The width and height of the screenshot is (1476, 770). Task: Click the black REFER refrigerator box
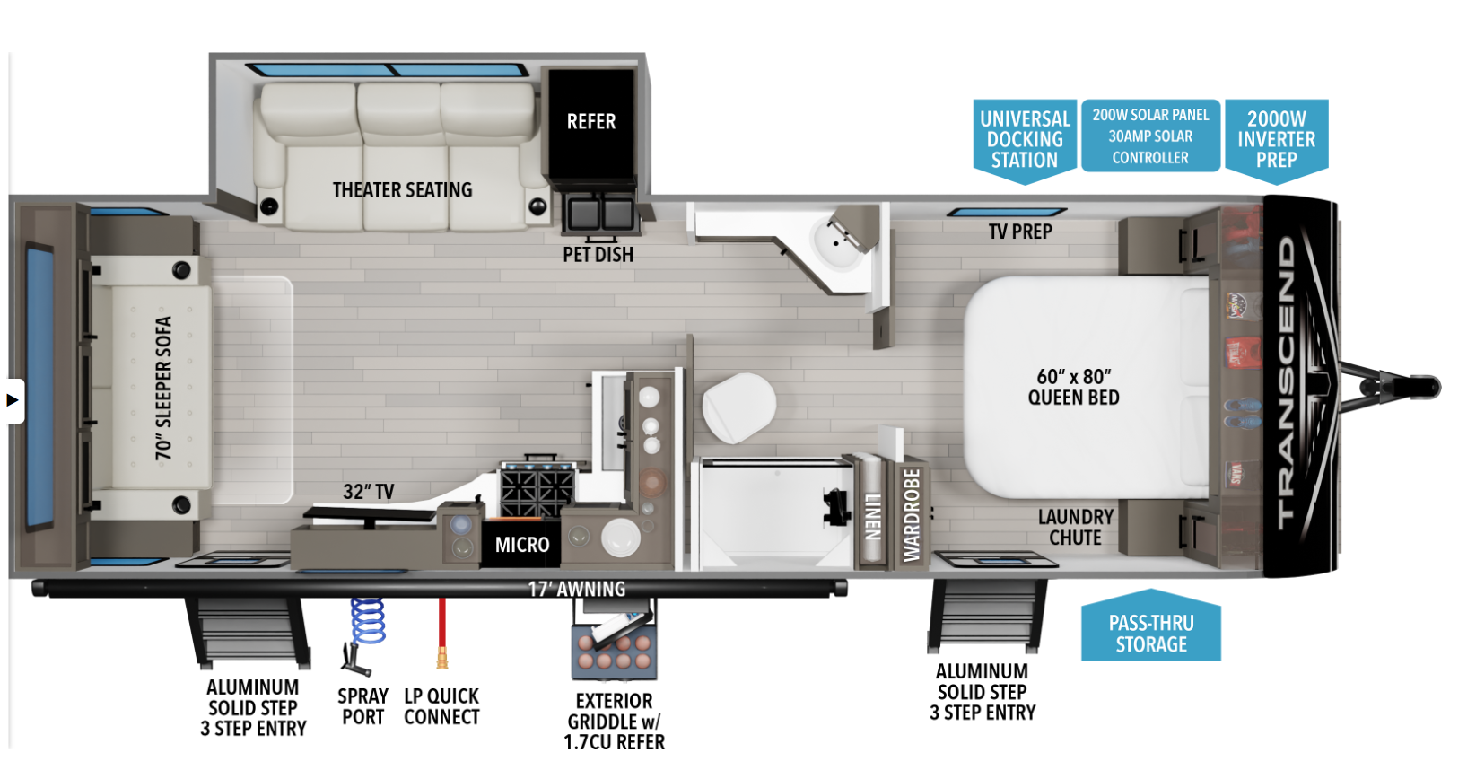coord(591,124)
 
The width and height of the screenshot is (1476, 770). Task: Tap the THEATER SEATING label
coord(403,190)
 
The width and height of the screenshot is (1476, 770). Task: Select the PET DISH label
coord(598,255)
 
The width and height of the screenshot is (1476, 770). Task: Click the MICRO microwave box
coord(522,545)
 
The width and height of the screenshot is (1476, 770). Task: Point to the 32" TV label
coord(369,491)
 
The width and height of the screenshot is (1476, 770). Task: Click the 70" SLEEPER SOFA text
coord(163,389)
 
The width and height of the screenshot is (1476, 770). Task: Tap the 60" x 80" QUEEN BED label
coord(1073,387)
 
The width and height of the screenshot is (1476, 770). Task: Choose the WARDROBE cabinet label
coord(912,515)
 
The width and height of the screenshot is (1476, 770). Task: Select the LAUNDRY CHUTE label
coord(1075,528)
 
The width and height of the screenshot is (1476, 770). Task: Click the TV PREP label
coord(1020,232)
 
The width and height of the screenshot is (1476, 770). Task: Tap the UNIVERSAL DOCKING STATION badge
coord(1025,140)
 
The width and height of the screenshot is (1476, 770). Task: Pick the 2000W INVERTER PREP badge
coord(1276,140)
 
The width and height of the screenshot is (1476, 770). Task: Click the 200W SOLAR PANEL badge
coord(1150,136)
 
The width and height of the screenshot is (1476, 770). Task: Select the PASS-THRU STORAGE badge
coord(1151,626)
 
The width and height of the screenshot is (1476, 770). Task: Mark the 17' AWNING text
coord(577,589)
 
